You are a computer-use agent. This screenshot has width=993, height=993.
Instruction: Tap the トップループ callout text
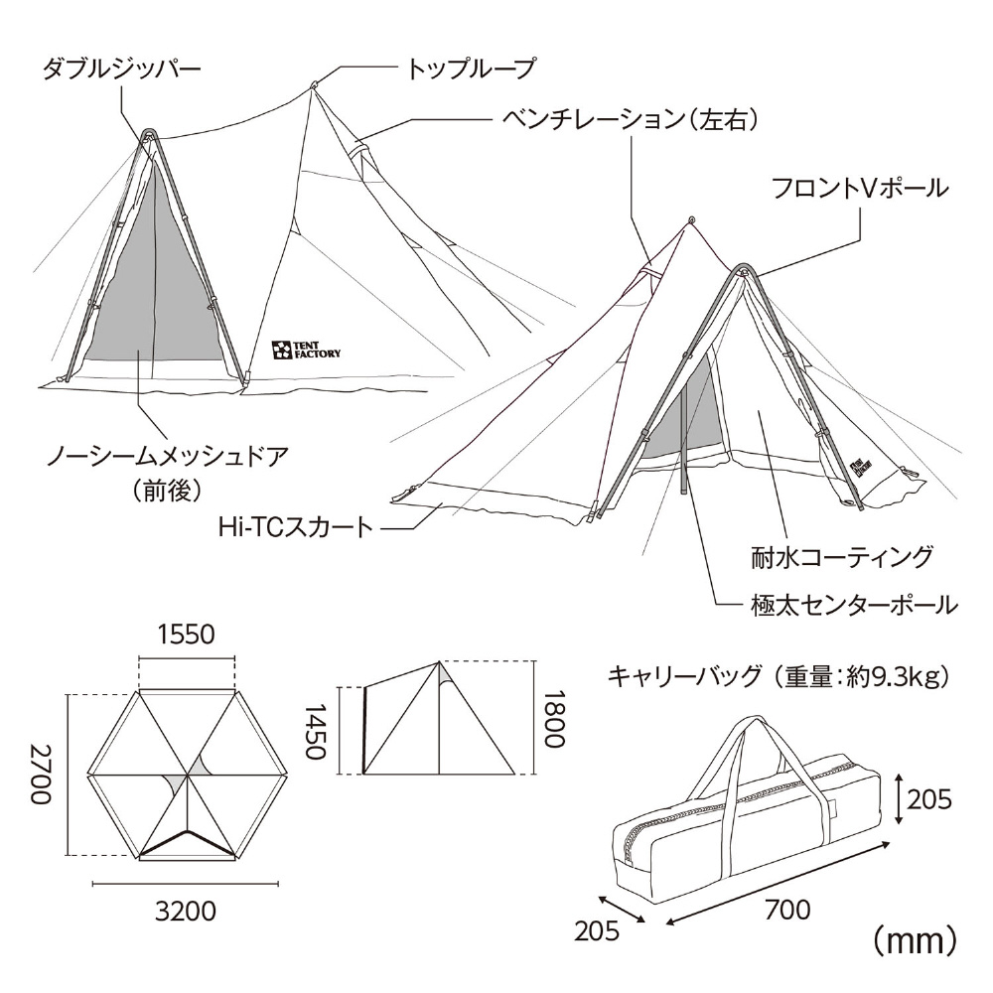[x=471, y=69]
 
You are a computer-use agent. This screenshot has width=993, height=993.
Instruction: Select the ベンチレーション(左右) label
[x=631, y=119]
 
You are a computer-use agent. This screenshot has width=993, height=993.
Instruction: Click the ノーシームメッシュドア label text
[x=169, y=456]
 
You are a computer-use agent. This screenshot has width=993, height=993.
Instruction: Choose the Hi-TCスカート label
[x=296, y=527]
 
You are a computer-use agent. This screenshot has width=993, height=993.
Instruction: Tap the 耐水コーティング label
[x=842, y=557]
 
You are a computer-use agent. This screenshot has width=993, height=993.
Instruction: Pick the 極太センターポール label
[x=854, y=606]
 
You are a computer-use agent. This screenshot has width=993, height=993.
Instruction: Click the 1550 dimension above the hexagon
[x=187, y=634]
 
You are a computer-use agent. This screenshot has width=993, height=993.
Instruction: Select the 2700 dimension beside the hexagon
[x=41, y=774]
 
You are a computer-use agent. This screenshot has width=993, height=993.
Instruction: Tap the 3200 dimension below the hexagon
[x=187, y=912]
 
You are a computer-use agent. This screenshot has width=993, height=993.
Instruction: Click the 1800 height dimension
[x=553, y=719]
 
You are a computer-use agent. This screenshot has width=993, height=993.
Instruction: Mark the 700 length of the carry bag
[x=787, y=910]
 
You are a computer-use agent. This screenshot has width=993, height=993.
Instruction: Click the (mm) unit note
[x=916, y=942]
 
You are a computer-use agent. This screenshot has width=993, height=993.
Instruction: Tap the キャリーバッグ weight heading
[x=779, y=676]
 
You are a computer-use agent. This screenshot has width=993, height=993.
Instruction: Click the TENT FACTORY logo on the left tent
[x=307, y=350]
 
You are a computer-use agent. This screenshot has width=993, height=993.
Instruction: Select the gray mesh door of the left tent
[x=155, y=272]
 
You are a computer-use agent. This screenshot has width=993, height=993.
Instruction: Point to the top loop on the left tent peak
[x=312, y=84]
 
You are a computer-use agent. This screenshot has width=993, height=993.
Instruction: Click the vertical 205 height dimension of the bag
[x=929, y=799]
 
